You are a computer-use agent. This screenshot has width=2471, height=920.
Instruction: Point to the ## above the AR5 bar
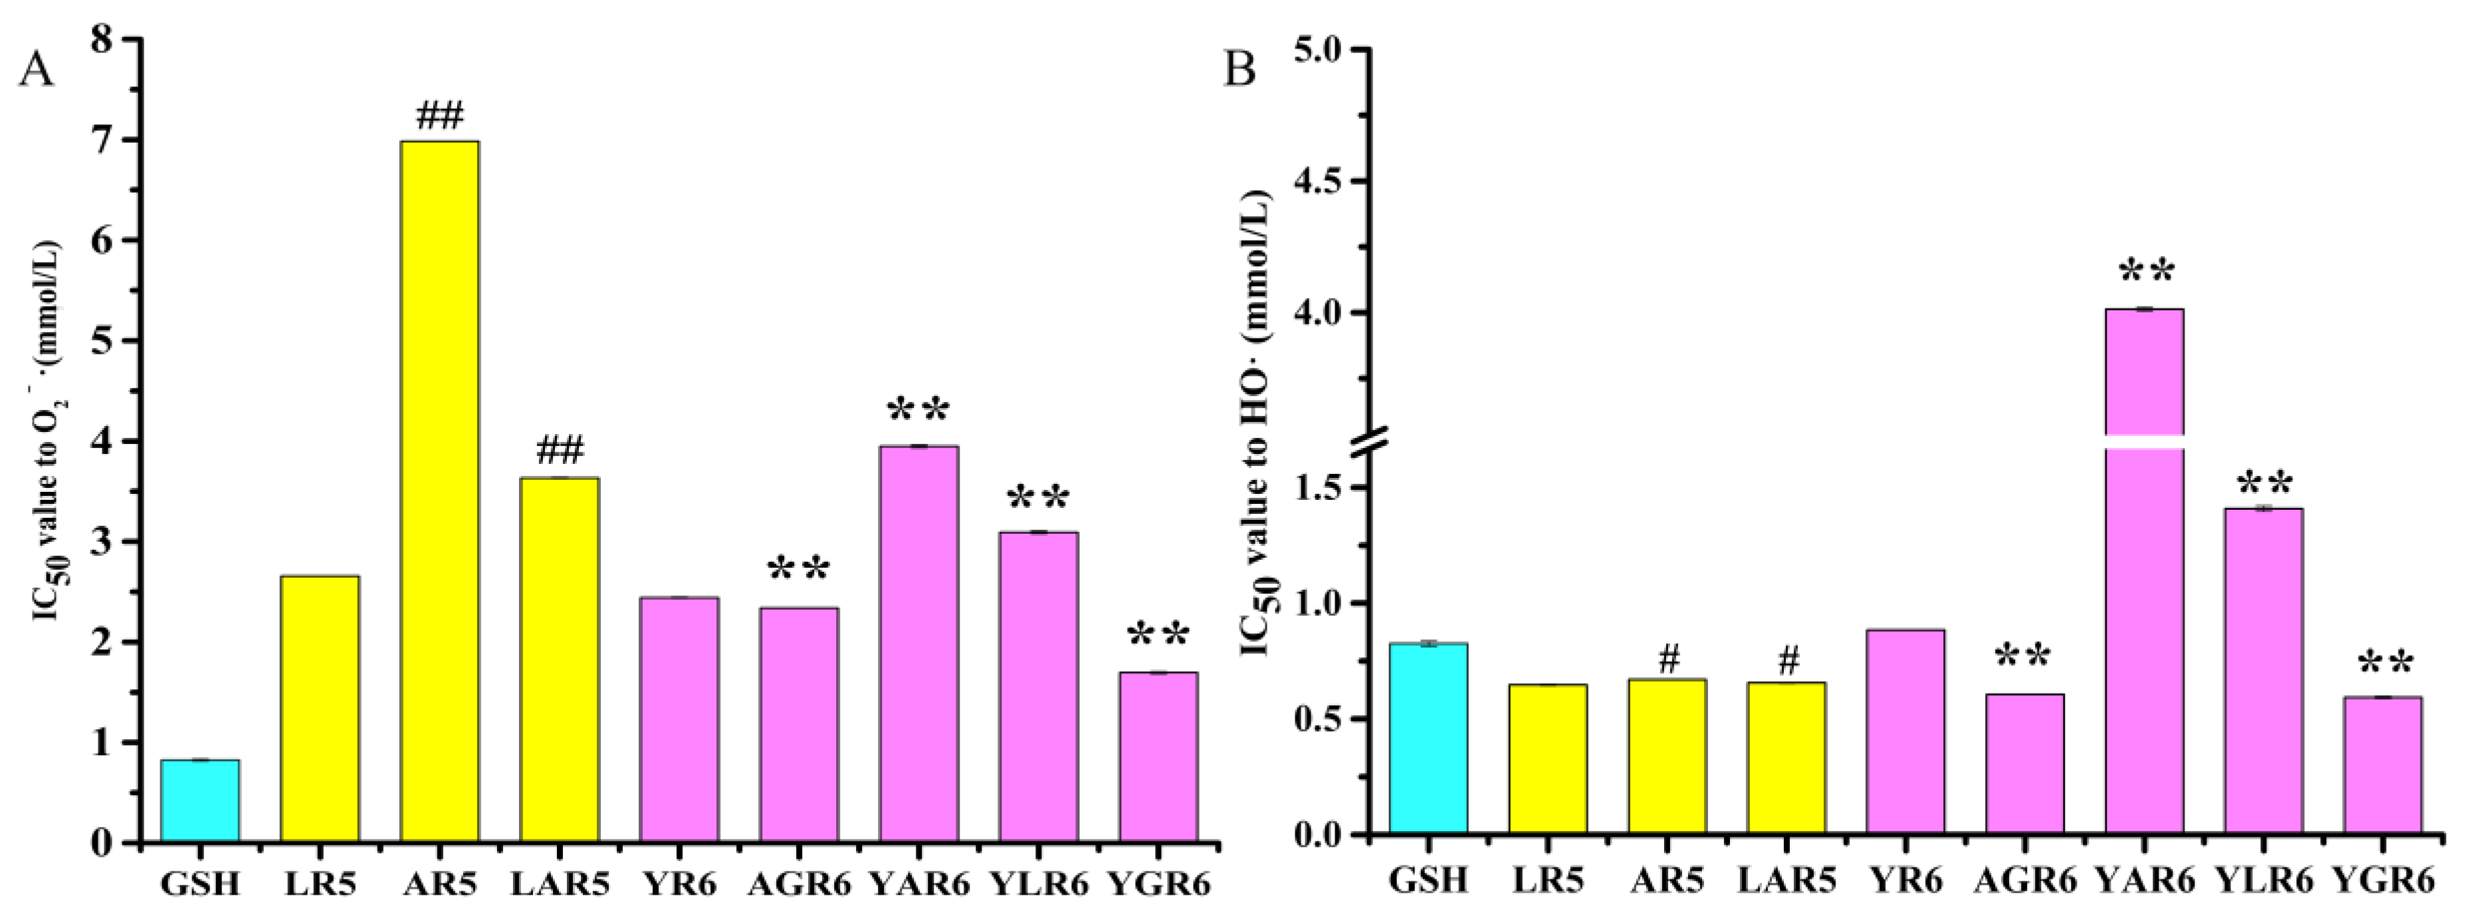tap(439, 117)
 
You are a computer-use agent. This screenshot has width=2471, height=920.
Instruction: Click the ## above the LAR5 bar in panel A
tap(559, 450)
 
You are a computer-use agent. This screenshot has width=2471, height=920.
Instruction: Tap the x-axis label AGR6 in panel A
tap(798, 881)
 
